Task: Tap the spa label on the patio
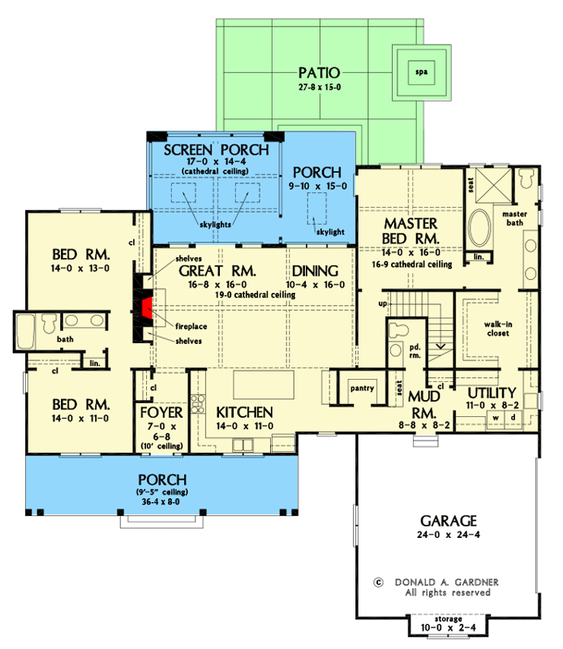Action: (419, 71)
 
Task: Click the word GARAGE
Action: (448, 521)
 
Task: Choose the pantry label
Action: (362, 388)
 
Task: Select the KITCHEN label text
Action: (243, 413)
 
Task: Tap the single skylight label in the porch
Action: (330, 231)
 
